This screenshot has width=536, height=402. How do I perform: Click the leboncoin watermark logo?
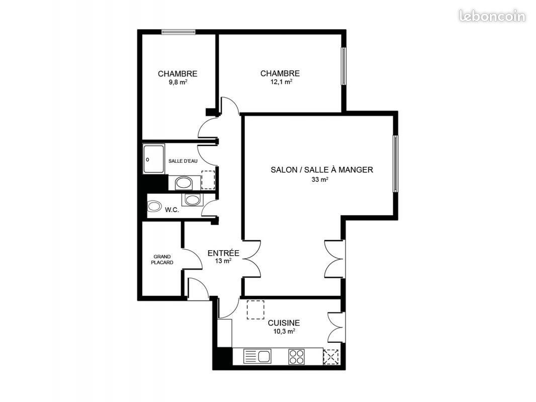(492, 16)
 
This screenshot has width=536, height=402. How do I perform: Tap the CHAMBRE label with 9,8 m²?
(177, 74)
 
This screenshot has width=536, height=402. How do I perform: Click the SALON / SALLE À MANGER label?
(322, 170)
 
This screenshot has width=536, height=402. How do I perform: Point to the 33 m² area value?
(320, 179)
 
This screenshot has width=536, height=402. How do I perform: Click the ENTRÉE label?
(224, 253)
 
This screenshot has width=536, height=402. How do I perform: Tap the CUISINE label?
(284, 323)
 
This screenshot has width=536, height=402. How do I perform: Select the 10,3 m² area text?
(285, 331)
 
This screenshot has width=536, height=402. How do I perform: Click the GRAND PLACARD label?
(162, 260)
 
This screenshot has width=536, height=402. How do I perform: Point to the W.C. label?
(172, 210)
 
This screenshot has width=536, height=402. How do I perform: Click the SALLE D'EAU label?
(183, 161)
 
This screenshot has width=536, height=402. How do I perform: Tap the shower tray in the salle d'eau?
(154, 159)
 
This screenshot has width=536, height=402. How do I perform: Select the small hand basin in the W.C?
(192, 200)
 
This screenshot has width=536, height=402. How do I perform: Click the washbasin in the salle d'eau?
(184, 183)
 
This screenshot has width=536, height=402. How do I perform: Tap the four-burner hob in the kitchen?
(296, 356)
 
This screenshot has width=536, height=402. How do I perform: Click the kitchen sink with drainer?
(257, 356)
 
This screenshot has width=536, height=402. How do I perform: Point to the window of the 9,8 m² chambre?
(178, 32)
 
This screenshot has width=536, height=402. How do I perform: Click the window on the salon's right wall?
(395, 164)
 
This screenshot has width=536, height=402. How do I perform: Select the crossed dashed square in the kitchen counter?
(331, 357)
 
